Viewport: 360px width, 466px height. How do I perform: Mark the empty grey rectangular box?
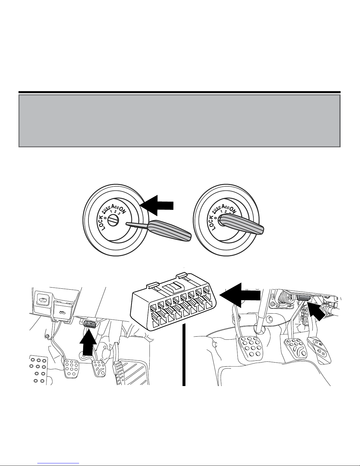click(x=179, y=121)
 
